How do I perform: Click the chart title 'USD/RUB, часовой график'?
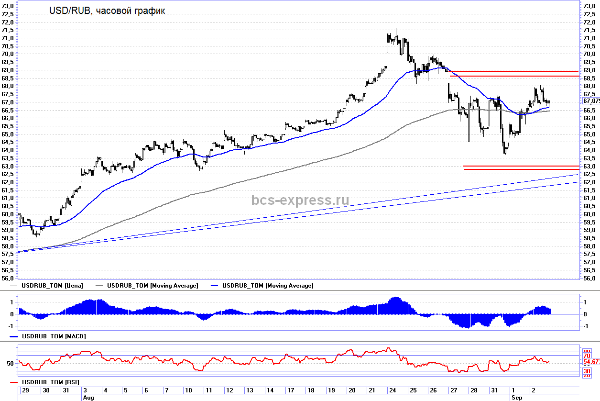(107, 11)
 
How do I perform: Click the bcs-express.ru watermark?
(300, 200)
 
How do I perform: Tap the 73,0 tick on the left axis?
(8, 6)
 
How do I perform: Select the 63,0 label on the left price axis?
(8, 166)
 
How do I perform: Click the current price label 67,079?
(591, 101)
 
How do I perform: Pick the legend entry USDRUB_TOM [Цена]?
(53, 286)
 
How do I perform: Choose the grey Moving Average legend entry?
(152, 286)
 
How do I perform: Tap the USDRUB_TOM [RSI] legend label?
(51, 382)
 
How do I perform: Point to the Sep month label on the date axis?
(517, 397)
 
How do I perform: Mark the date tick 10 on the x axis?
(189, 390)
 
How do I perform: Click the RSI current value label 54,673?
(592, 361)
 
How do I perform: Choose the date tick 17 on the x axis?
(291, 390)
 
